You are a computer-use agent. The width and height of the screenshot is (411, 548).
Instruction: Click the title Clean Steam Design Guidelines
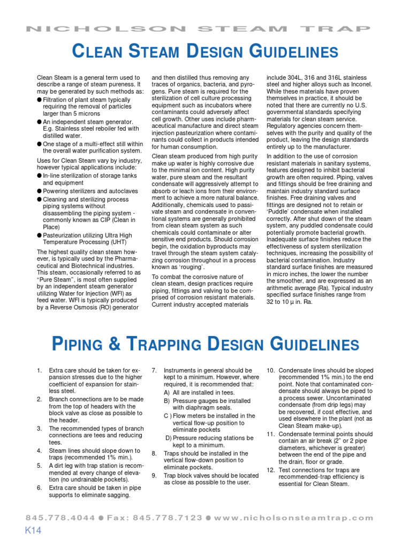[205, 52]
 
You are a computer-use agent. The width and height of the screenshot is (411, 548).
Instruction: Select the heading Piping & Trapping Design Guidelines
[205, 344]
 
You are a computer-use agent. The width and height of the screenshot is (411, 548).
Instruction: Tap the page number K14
[33, 530]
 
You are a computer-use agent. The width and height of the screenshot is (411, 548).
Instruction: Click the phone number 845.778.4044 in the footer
[60, 517]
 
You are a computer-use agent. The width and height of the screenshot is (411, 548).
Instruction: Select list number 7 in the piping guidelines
[155, 370]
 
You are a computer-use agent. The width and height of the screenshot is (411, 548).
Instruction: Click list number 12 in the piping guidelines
[270, 470]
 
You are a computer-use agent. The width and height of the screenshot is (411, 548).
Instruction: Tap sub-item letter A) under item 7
[168, 392]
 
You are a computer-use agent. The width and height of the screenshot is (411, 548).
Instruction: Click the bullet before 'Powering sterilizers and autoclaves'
[39, 191]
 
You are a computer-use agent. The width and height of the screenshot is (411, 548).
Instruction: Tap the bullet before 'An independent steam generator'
[39, 121]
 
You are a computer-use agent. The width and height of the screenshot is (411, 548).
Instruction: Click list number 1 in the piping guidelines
[39, 370]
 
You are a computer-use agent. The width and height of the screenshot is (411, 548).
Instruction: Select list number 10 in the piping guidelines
[270, 370]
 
